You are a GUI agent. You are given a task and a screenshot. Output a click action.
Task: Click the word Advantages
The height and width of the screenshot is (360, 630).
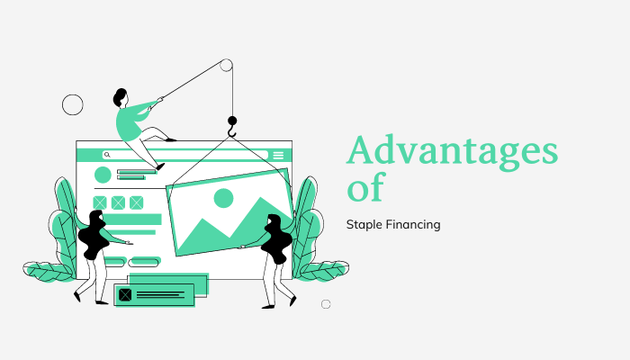click(x=452, y=151)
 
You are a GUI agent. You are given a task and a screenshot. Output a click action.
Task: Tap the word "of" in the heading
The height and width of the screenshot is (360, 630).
click(x=365, y=188)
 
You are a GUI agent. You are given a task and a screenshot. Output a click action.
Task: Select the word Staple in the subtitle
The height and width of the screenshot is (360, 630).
click(x=364, y=224)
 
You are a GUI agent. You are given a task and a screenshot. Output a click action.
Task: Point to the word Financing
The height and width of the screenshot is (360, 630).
click(x=414, y=224)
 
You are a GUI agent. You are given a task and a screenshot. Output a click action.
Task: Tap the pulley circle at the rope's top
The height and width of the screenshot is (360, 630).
click(x=226, y=65)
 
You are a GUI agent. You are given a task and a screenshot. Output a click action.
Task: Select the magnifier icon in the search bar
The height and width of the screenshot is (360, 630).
click(x=106, y=155)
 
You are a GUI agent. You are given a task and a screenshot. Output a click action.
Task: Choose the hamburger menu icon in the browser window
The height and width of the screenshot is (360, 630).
click(x=278, y=155)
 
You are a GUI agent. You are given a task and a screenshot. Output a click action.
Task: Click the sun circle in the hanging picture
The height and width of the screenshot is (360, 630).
click(x=223, y=198)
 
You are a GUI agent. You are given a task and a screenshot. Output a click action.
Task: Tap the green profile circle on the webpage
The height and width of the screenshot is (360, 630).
click(x=103, y=175)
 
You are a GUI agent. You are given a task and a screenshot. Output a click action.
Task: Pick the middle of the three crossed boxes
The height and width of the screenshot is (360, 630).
click(x=118, y=202)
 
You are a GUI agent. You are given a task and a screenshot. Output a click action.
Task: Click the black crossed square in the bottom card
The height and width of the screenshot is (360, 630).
click(x=125, y=294)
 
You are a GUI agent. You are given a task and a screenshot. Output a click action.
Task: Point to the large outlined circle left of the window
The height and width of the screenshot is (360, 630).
click(x=72, y=104)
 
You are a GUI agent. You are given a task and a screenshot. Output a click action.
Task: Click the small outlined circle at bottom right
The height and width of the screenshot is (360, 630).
click(x=326, y=304)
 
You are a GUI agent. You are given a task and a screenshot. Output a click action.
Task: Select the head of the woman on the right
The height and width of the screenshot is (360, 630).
click(x=272, y=221)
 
